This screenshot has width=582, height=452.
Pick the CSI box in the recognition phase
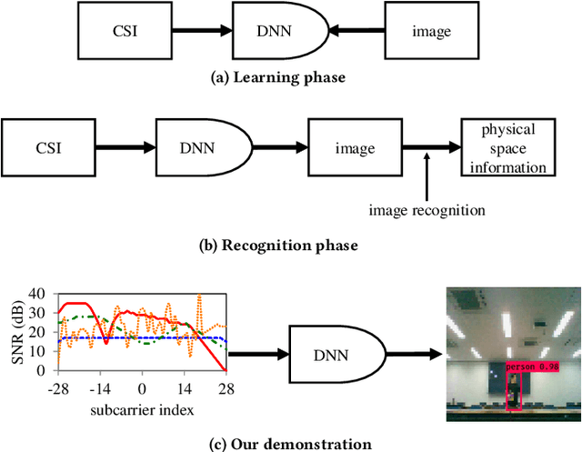tap(49, 146)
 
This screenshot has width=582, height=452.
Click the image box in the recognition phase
tap(354, 146)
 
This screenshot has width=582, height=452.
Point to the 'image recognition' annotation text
tap(426, 210)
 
